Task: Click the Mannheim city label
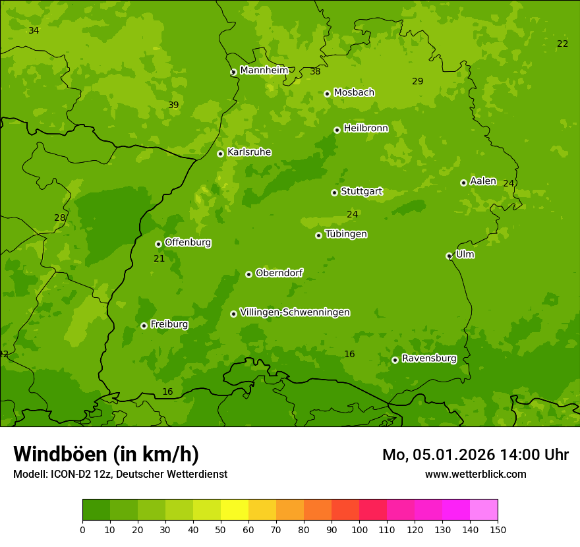pos(264,71)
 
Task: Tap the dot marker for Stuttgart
pos(334,192)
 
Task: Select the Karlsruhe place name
pos(249,152)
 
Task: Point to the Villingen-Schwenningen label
pos(295,312)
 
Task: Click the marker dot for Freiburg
pos(144,326)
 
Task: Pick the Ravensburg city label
pos(428,359)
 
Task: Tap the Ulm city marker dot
pos(449,256)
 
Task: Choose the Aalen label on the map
pos(482,181)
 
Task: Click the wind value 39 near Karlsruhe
pos(173,105)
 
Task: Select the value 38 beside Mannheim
pos(315,71)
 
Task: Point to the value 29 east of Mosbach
pos(417,81)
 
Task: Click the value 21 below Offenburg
pos(159,258)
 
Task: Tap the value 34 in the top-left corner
pos(34,30)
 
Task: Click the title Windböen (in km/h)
pos(106,455)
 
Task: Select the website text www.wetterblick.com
pos(475,474)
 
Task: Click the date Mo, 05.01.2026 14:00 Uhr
pos(475,455)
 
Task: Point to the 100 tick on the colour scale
pos(359,529)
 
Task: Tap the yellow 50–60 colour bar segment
pos(235,509)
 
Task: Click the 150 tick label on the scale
pos(497,529)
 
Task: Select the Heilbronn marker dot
pos(337,130)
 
